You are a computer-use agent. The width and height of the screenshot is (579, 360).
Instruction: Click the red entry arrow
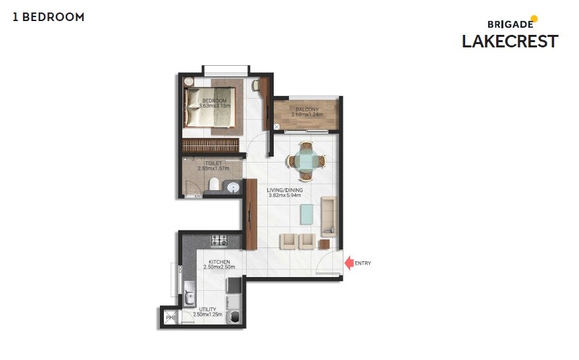point(348,263)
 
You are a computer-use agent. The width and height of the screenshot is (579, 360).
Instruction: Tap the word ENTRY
point(363,263)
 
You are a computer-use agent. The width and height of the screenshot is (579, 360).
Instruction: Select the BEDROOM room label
point(214,101)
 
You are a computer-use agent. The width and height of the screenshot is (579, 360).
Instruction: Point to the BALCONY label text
point(307,109)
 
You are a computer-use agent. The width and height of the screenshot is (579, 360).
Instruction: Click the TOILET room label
point(213,163)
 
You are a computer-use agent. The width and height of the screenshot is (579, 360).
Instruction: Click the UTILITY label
point(208,309)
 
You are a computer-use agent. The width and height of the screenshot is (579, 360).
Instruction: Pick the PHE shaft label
point(170,319)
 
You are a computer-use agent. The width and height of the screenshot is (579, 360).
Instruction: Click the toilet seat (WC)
point(213,184)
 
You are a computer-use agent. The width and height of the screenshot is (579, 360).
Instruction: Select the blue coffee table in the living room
point(307,213)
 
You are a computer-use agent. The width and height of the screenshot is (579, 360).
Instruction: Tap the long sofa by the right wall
point(329,214)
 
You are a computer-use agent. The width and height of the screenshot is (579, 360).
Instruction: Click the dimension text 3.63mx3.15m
point(214,106)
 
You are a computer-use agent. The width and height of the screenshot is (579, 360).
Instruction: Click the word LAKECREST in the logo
point(509,41)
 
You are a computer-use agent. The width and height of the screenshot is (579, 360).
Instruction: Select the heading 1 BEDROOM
point(49,17)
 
